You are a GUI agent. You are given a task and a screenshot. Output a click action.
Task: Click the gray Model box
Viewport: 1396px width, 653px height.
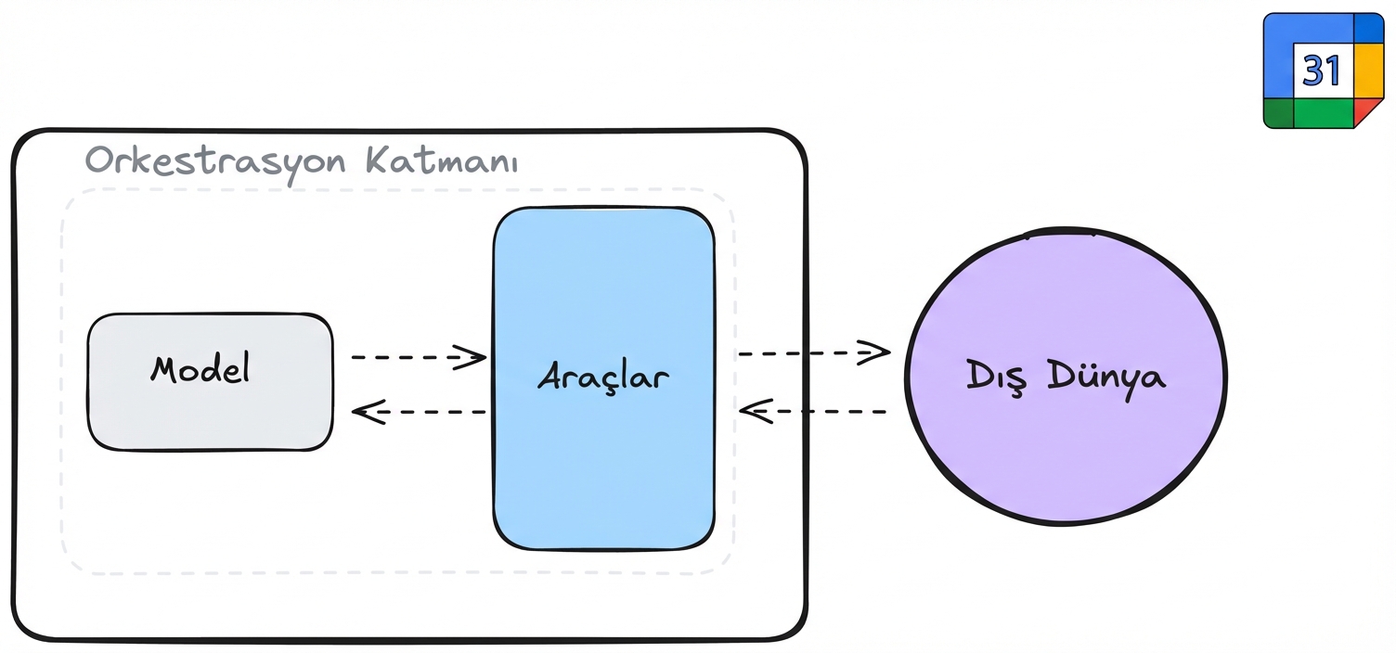click(210, 381)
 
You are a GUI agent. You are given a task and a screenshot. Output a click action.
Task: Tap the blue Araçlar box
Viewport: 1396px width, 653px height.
click(604, 378)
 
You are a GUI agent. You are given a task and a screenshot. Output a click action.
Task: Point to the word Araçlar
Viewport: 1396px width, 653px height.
click(603, 378)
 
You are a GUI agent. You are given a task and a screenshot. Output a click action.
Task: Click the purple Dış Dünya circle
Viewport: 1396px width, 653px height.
click(1066, 377)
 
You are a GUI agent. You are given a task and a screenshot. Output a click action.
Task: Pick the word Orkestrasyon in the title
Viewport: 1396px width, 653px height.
click(215, 161)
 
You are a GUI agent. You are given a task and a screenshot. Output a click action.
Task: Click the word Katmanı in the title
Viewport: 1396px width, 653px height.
click(441, 160)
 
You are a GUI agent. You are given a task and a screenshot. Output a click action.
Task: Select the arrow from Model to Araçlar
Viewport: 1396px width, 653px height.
click(419, 357)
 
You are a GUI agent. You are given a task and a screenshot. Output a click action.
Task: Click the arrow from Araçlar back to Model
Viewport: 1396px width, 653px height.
click(419, 412)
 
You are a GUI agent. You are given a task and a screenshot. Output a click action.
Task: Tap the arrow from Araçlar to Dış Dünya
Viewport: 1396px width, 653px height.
click(814, 352)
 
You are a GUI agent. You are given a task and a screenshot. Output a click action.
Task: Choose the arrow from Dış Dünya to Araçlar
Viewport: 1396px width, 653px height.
click(813, 411)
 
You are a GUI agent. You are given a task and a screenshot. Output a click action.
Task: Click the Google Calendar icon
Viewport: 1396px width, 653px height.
click(1324, 70)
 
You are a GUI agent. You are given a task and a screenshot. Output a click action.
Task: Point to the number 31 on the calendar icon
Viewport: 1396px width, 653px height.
click(1321, 71)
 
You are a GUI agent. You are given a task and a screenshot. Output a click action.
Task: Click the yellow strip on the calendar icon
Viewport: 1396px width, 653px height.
click(1369, 70)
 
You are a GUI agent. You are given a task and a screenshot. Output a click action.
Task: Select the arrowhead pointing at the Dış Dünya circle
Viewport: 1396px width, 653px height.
click(874, 352)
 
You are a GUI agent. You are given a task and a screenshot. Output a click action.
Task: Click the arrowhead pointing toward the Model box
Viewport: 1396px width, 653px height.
click(368, 412)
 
